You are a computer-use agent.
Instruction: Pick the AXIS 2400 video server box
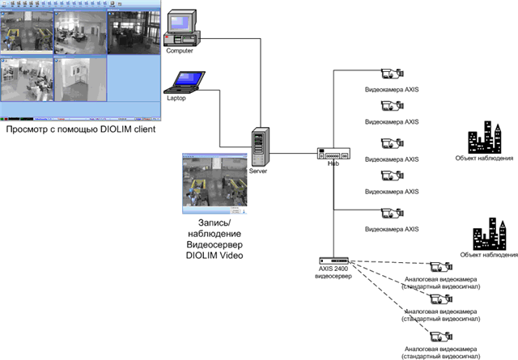[x=333, y=262]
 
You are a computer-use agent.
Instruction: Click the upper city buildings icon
[x=486, y=138]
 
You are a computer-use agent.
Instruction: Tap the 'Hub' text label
[x=332, y=164]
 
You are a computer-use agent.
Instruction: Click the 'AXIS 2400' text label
[x=333, y=269]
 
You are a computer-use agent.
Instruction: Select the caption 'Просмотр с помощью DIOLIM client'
[x=80, y=129]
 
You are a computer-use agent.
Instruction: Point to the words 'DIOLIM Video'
[x=210, y=256]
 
